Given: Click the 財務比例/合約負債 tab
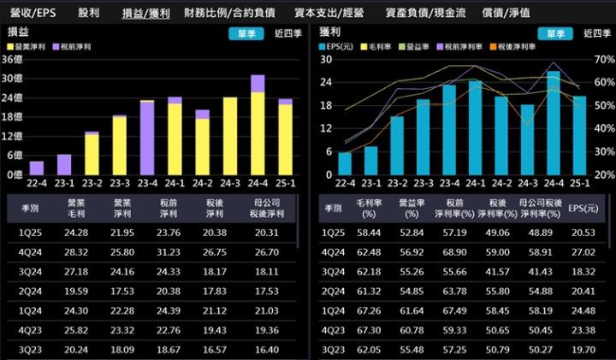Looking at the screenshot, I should click(x=228, y=14).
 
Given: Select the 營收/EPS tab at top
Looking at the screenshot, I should click(x=33, y=14).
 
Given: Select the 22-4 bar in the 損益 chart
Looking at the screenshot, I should click(x=37, y=167).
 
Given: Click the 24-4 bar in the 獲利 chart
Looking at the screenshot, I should click(x=554, y=124).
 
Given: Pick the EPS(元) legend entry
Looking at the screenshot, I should click(x=335, y=46).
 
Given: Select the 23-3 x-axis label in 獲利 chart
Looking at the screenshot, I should click(x=423, y=182).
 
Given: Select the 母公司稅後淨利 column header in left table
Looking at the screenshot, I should click(x=260, y=210).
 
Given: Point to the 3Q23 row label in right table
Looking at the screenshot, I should click(x=333, y=351).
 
